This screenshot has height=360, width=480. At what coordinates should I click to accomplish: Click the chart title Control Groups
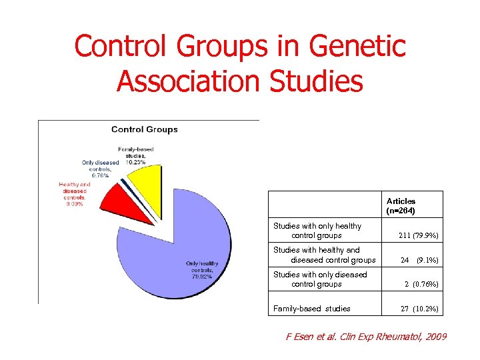[144, 129]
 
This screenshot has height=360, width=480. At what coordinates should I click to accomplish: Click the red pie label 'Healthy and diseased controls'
[74, 194]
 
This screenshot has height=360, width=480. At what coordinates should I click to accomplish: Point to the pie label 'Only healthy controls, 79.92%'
[201, 269]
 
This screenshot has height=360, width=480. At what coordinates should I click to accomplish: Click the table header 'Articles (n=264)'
[401, 206]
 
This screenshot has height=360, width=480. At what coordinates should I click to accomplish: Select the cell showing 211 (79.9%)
[418, 235]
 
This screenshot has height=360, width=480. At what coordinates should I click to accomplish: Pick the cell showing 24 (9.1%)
[418, 260]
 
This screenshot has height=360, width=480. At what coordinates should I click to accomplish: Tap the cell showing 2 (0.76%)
[421, 284]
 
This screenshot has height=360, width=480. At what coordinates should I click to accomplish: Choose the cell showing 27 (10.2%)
[419, 309]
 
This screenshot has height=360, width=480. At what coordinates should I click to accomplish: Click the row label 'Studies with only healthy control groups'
[317, 231]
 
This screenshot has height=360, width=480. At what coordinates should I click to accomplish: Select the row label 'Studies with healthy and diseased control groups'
[324, 255]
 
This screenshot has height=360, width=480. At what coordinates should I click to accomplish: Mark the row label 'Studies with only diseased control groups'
[320, 279]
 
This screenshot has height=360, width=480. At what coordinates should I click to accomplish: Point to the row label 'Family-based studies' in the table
[311, 309]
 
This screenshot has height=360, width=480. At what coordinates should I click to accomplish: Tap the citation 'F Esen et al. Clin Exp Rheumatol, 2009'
[366, 337]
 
